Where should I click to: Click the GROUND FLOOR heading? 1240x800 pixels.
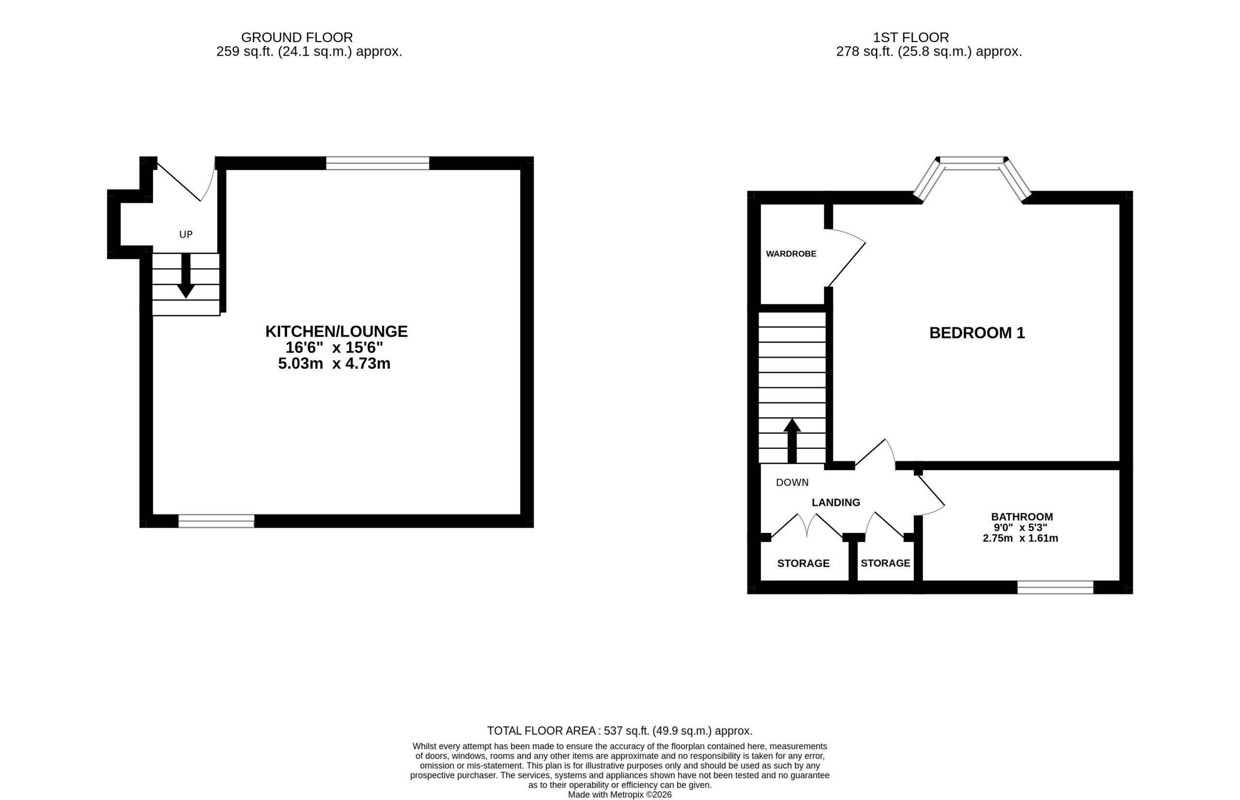tap(296, 37)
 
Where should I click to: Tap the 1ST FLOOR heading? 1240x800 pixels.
tap(911, 37)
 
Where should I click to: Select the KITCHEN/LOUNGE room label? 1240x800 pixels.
tap(337, 331)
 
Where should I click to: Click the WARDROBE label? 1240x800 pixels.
tap(791, 254)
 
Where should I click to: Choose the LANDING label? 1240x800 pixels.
tap(836, 502)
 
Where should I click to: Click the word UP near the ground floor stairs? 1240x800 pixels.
tap(186, 235)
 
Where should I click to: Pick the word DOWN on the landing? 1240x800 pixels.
tap(792, 483)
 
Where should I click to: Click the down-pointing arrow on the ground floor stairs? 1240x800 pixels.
tap(186, 275)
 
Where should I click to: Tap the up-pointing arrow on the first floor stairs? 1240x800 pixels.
tap(792, 440)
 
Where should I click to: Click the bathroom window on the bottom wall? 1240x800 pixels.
tap(1055, 588)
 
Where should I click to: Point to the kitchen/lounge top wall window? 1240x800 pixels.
tap(377, 163)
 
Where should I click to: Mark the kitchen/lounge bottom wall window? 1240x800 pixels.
tap(217, 521)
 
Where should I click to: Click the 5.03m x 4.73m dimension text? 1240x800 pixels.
tap(334, 363)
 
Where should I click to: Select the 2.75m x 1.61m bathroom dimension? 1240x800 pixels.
tap(1021, 538)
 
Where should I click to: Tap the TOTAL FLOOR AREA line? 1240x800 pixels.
tap(620, 731)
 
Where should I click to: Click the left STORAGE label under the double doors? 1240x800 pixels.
tap(803, 564)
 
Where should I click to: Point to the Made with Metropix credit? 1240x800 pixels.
tap(620, 795)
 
